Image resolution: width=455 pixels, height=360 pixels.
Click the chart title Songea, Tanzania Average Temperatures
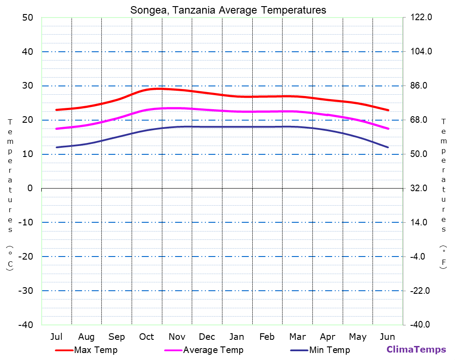tap(228, 10)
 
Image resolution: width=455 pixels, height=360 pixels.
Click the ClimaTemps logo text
tap(416, 349)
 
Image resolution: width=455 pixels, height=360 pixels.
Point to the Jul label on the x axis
tap(56, 337)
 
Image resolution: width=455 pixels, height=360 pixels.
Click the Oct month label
tap(147, 337)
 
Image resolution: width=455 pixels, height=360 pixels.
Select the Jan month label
tap(237, 337)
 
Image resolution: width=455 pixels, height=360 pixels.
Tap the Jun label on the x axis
tap(387, 337)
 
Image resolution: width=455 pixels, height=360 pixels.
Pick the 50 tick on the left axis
tap(27, 18)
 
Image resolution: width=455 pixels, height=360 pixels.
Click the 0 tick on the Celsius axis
tap(30, 188)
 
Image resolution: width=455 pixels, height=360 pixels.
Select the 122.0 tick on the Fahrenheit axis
tap(421, 18)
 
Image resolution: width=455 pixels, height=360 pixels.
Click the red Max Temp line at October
tap(147, 90)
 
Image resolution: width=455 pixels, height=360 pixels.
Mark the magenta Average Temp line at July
tap(57, 128)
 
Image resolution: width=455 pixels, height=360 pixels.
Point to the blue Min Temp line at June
tap(387, 147)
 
